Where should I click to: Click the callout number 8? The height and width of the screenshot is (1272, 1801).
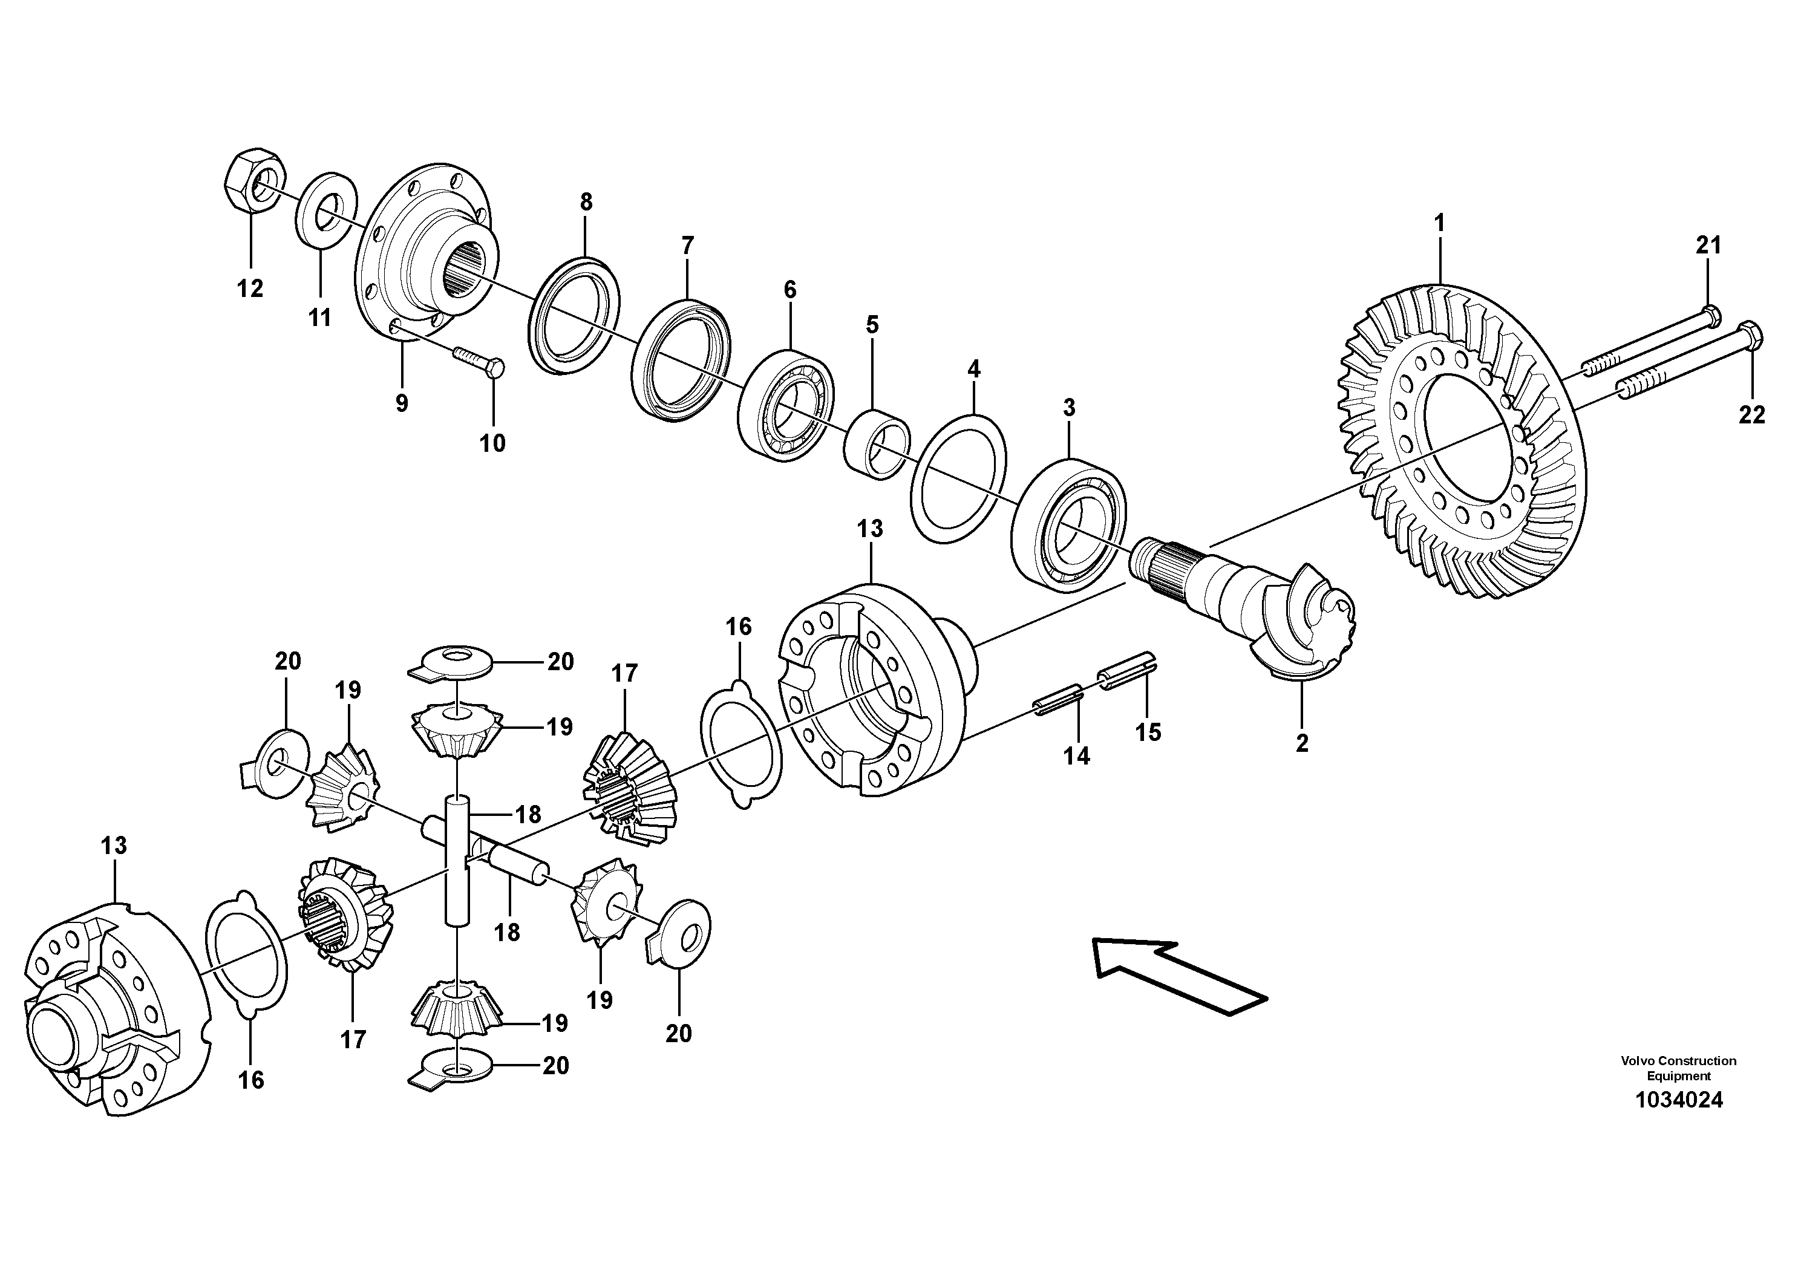click(x=586, y=203)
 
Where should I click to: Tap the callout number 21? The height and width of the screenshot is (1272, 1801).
click(x=1708, y=246)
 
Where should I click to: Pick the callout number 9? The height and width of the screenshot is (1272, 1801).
click(x=402, y=404)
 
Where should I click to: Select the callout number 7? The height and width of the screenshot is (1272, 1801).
click(x=688, y=246)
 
